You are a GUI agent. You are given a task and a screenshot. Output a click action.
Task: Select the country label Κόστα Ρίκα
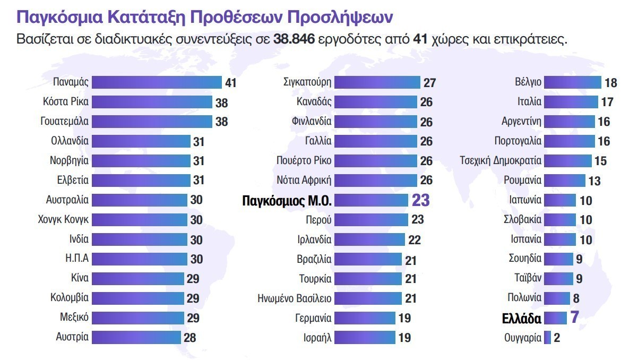tap(65, 102)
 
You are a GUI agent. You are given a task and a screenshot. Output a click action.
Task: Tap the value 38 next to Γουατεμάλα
tap(221, 122)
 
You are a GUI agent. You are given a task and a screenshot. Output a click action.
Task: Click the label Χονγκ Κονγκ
tap(63, 219)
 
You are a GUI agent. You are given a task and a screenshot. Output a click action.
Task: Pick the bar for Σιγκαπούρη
tap(377, 82)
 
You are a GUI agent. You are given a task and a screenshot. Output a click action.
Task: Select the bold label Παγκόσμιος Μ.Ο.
tap(287, 201)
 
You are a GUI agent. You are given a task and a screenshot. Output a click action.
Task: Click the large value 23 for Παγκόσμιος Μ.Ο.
tap(420, 200)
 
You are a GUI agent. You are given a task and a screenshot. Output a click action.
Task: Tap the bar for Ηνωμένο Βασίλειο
tap(368, 298)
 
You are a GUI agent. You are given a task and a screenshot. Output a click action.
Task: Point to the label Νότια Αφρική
tap(304, 181)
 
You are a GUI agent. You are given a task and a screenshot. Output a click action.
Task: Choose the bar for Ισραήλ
tap(365, 337)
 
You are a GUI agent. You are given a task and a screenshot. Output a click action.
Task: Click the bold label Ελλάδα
tap(522, 318)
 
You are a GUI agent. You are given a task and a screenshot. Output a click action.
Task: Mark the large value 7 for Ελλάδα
tap(574, 318)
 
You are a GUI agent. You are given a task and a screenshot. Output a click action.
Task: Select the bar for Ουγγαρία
tap(547, 337)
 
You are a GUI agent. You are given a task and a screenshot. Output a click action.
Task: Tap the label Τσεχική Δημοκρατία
tap(501, 161)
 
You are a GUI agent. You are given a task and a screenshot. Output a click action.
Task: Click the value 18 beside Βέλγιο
tap(610, 83)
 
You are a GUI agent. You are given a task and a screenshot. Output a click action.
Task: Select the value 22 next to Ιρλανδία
tap(415, 239)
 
